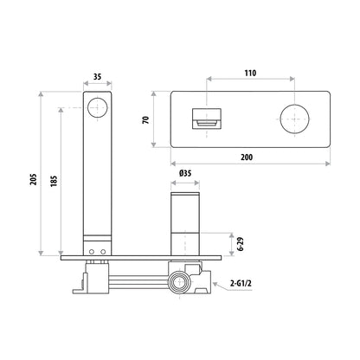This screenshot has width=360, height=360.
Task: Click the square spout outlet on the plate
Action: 204,118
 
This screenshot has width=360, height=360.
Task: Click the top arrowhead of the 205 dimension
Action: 41,92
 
